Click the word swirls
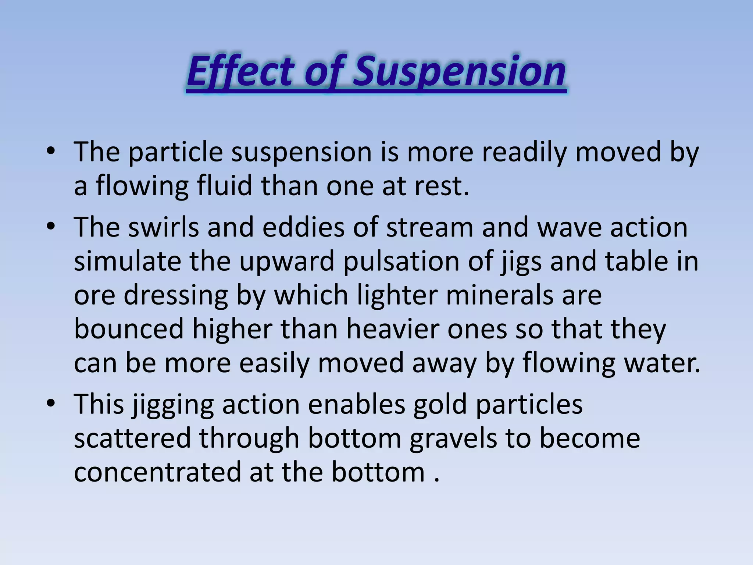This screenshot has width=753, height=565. tap(164, 227)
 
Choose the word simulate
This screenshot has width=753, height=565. tap(127, 261)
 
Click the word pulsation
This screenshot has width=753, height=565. tap(401, 261)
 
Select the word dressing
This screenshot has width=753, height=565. tap(176, 295)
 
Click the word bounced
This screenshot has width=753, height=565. tap(129, 329)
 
